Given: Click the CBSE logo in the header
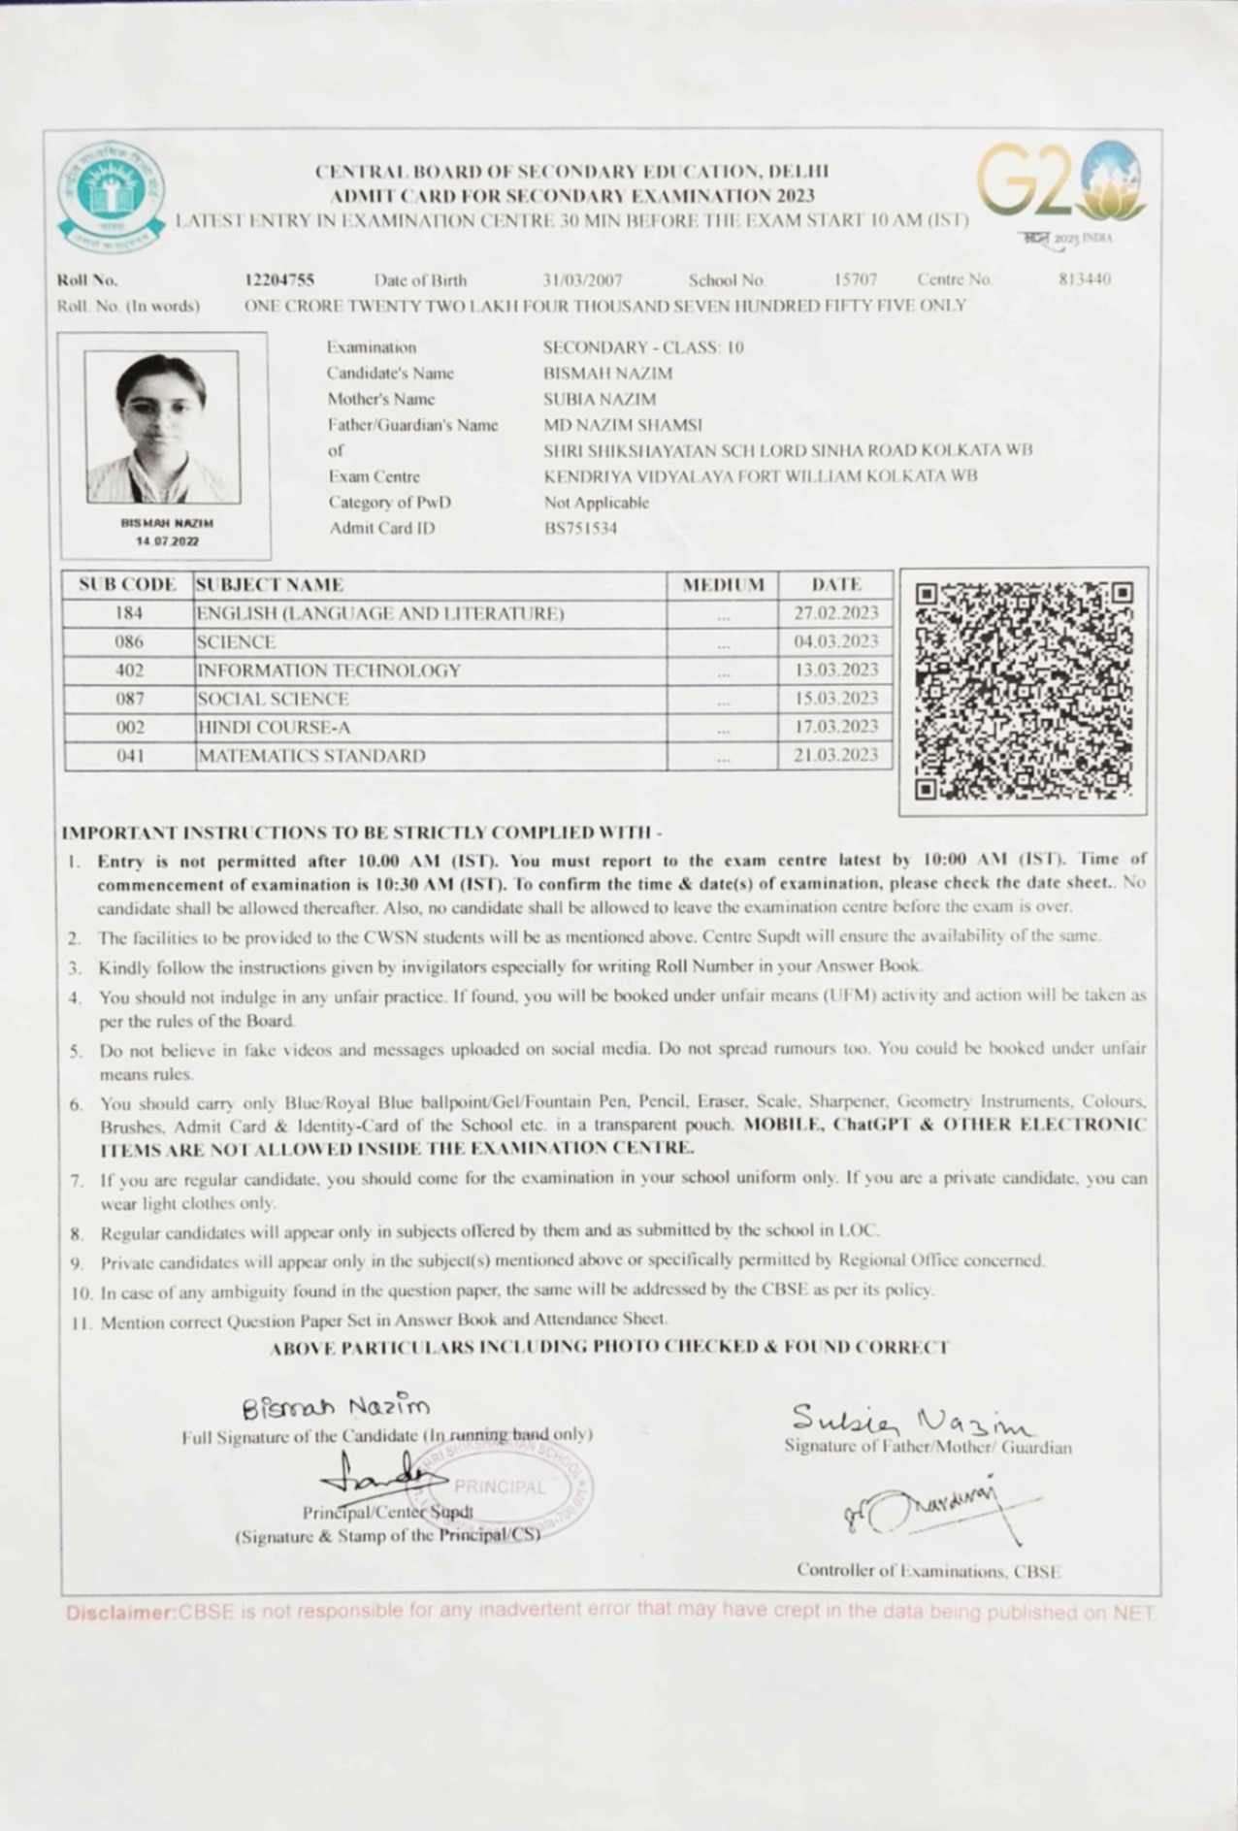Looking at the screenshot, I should tap(111, 195).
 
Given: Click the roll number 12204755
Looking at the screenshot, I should tap(279, 280).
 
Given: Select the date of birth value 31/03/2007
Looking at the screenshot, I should tap(582, 280).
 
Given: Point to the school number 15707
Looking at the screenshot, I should tap(855, 279).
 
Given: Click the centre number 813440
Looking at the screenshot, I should tap(1084, 279).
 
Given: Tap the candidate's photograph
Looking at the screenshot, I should tap(162, 427).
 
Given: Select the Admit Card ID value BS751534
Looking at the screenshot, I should tap(580, 529).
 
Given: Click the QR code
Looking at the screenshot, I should tap(1023, 691).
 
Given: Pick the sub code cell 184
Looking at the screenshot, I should tap(129, 614).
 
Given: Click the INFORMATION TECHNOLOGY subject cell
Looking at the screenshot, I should tap(329, 670).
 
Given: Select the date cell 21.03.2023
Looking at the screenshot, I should tap(835, 755).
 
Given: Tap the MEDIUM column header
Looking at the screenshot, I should tap(723, 585).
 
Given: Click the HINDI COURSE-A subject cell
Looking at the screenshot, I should tap(274, 727).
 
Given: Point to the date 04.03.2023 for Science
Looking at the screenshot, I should tap(835, 641).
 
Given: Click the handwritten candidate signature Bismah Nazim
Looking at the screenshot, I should tap(335, 1406).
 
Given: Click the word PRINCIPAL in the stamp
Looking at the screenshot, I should tap(500, 1487).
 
